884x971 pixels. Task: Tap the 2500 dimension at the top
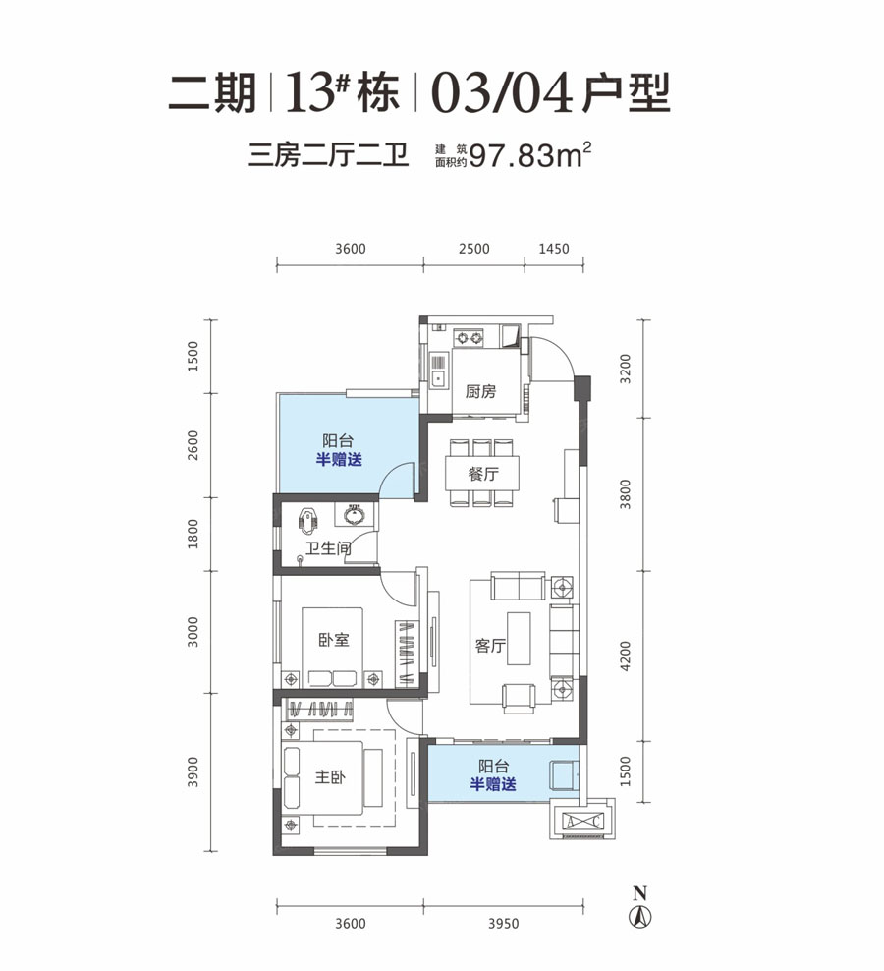473,249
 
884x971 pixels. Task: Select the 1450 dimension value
553,249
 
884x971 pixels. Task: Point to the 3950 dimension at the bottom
503,924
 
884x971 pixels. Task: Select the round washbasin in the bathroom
355,515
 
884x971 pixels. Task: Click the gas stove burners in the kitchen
468,338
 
